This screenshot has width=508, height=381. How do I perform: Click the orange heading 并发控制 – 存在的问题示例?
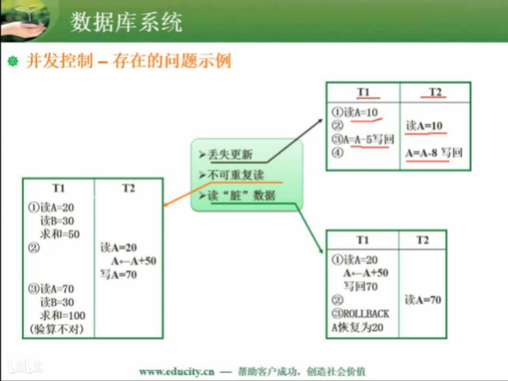pyautogui.click(x=129, y=61)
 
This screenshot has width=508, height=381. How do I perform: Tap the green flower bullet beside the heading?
pyautogui.click(x=13, y=61)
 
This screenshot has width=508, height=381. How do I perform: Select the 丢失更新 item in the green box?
pyautogui.click(x=226, y=154)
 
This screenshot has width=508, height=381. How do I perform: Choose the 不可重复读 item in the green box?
pyautogui.click(x=231, y=175)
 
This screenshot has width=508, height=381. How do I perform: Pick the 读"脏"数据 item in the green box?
pyautogui.click(x=237, y=195)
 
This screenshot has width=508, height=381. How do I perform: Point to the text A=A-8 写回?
pyautogui.click(x=434, y=153)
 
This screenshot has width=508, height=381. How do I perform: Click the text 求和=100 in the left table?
pyautogui.click(x=63, y=315)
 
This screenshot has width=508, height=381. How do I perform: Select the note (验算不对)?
pyautogui.click(x=57, y=329)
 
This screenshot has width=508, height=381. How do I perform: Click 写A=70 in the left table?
pyautogui.click(x=119, y=275)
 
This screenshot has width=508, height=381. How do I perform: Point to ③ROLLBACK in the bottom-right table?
pyautogui.click(x=360, y=313)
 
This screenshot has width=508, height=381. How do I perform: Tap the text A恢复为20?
pyautogui.click(x=358, y=327)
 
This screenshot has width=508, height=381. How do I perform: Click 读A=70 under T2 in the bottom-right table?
pyautogui.click(x=423, y=300)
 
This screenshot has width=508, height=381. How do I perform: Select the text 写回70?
pyautogui.click(x=361, y=286)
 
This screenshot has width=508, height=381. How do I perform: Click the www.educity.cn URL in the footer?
pyautogui.click(x=177, y=372)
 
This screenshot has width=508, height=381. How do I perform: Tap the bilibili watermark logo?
pyautogui.click(x=25, y=365)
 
